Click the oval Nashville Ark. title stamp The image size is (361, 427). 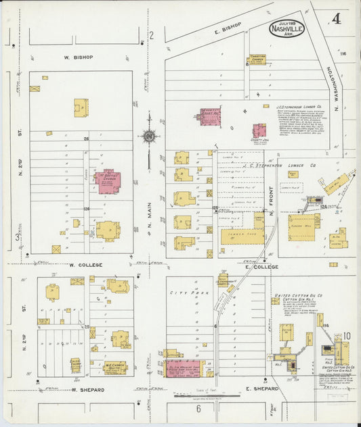(286, 28)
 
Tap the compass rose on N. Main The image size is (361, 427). (149, 136)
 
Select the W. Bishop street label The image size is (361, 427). (79, 57)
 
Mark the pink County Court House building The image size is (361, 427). (209, 117)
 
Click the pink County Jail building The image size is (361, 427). (259, 130)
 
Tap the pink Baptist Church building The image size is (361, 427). (106, 182)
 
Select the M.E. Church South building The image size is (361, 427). (114, 368)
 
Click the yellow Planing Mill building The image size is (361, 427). (300, 226)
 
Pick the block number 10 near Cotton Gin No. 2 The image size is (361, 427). (346, 336)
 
